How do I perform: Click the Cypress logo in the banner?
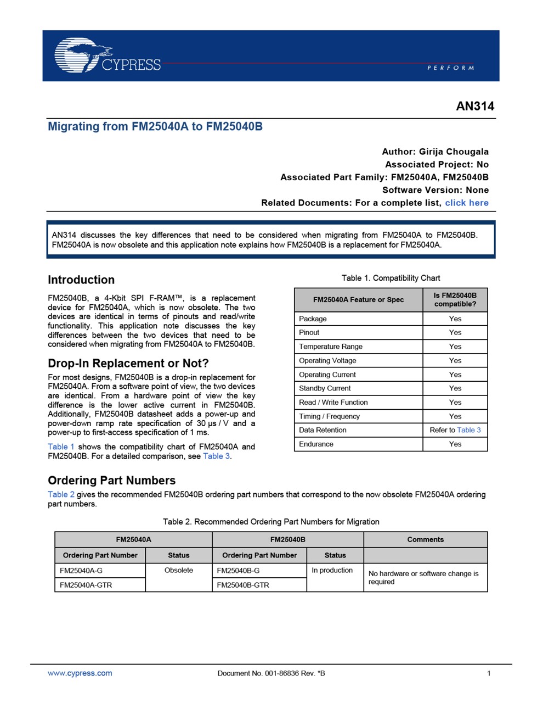(108, 55)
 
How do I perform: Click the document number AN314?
(475, 107)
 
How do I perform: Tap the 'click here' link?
(466, 203)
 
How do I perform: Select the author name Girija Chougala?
(454, 152)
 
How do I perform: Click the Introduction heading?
(81, 280)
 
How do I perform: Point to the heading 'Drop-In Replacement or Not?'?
(128, 363)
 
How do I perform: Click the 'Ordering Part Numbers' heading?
(111, 481)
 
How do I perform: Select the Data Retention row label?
(323, 430)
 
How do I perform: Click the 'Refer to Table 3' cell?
(455, 430)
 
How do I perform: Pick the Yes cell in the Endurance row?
(455, 444)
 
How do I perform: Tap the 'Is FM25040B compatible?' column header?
(455, 299)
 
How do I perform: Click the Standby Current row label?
(325, 388)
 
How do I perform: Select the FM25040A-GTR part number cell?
(86, 585)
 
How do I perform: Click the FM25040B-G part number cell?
(238, 571)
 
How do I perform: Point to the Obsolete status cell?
(178, 571)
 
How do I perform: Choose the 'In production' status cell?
(332, 571)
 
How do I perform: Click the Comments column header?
(425, 539)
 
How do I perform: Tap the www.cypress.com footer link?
(80, 673)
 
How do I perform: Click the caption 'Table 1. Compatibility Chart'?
(391, 278)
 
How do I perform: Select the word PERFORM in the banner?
(450, 68)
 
